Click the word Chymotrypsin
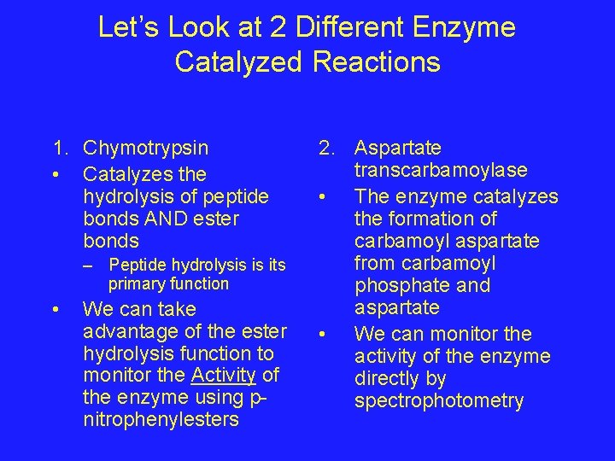(146, 149)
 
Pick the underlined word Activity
(223, 375)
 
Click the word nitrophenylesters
(161, 419)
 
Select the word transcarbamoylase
(441, 171)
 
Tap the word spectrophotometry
(439, 400)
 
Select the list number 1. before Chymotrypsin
(59, 149)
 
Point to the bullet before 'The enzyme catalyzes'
(321, 197)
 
